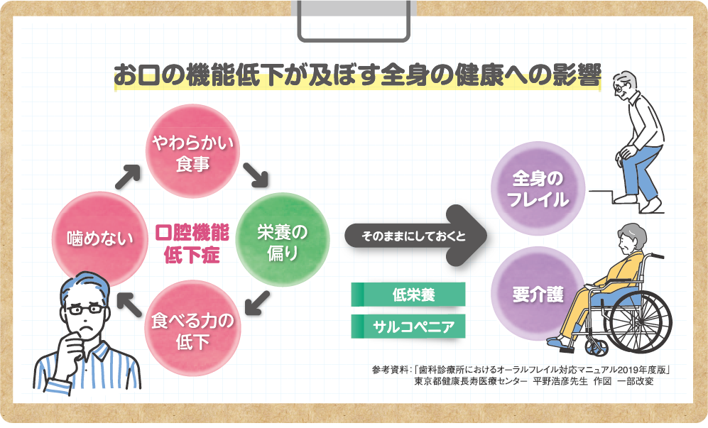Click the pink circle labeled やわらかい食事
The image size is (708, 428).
click(192, 151)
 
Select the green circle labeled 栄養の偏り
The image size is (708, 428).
click(282, 240)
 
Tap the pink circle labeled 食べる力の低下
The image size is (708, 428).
click(192, 329)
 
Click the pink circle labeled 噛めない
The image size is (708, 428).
click(100, 238)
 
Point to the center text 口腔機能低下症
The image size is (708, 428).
click(192, 243)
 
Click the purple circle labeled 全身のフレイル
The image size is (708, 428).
click(538, 189)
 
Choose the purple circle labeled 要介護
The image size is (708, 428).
click(538, 294)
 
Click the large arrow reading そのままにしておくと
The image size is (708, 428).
click(415, 236)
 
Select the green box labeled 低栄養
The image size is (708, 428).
click(408, 295)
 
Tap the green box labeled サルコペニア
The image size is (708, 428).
click(408, 327)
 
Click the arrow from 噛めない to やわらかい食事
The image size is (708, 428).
click(127, 177)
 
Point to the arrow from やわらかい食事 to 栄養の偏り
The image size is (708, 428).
click(256, 175)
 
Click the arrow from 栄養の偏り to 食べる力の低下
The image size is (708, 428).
click(257, 303)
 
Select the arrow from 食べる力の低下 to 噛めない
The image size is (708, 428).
click(129, 304)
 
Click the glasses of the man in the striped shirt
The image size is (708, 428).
click(85, 309)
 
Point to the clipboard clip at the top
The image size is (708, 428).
click(354, 21)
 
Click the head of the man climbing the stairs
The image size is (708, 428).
click(627, 84)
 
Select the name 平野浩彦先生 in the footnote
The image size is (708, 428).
click(560, 381)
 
